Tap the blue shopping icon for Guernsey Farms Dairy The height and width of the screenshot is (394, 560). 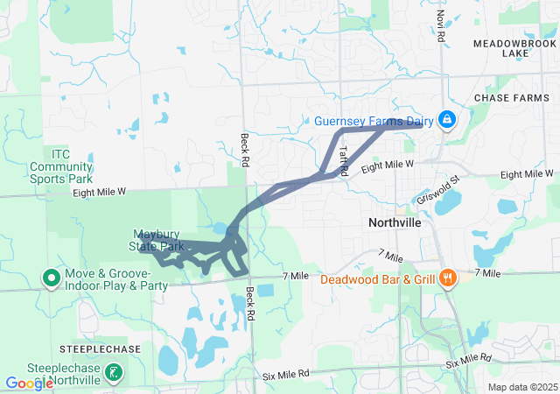(446, 118)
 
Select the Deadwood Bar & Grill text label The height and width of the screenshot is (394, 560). (377, 280)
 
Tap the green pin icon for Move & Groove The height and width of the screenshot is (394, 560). (51, 278)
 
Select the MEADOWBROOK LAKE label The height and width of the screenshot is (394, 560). (515, 47)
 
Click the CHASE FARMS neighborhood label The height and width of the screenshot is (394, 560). (511, 98)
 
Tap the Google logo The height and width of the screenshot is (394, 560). (30, 383)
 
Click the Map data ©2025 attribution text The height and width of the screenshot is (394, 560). (521, 387)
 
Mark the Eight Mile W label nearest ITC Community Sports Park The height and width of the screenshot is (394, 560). (100, 191)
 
